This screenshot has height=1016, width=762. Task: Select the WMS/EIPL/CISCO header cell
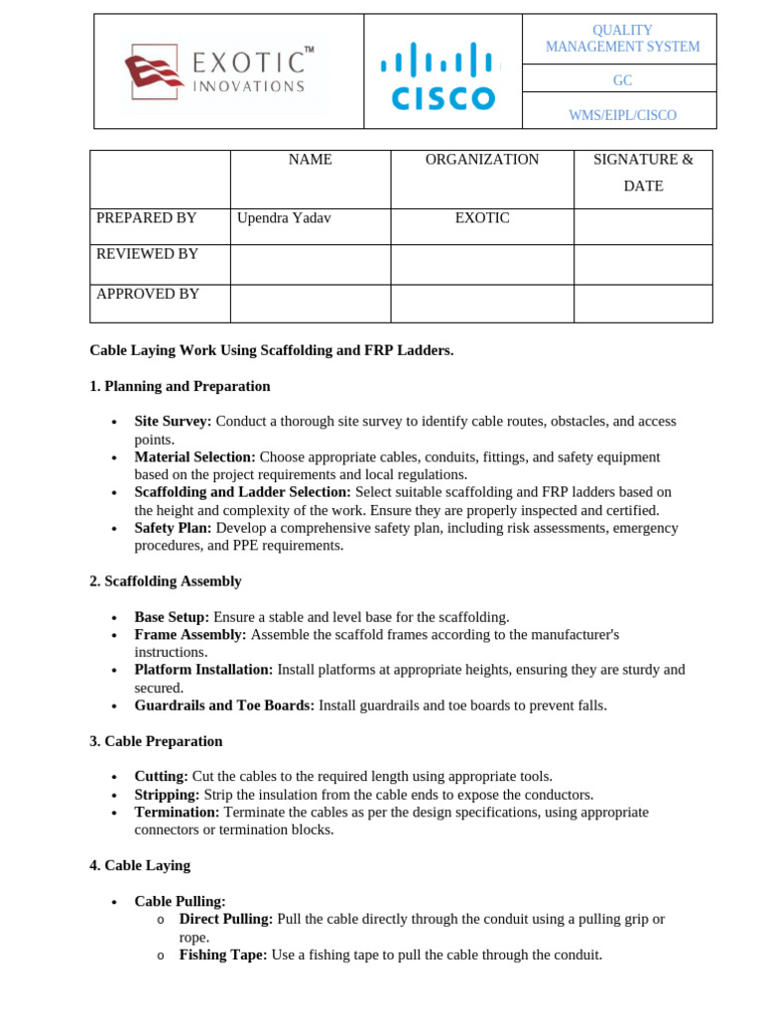[622, 115]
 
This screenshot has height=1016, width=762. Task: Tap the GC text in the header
[622, 80]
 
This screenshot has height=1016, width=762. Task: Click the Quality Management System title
[622, 39]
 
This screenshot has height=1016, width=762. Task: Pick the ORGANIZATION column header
[482, 160]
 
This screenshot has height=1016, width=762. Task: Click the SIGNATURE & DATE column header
[643, 173]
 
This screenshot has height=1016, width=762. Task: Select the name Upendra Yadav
[284, 218]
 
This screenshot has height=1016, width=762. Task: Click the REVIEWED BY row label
[147, 254]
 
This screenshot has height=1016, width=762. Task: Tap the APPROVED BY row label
[147, 294]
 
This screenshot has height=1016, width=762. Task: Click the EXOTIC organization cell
[482, 218]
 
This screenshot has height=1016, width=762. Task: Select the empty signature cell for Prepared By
[643, 226]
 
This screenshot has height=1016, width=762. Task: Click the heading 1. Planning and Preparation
[180, 387]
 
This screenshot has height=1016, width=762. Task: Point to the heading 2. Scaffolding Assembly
[166, 581]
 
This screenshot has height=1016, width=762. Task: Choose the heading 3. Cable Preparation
[156, 741]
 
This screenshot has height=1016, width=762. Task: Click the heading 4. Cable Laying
[140, 866]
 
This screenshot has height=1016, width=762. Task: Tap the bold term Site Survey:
[173, 422]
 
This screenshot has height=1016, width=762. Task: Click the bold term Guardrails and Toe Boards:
[224, 705]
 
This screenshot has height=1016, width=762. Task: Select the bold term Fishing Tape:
[222, 955]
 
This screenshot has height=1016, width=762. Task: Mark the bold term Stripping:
[167, 795]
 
